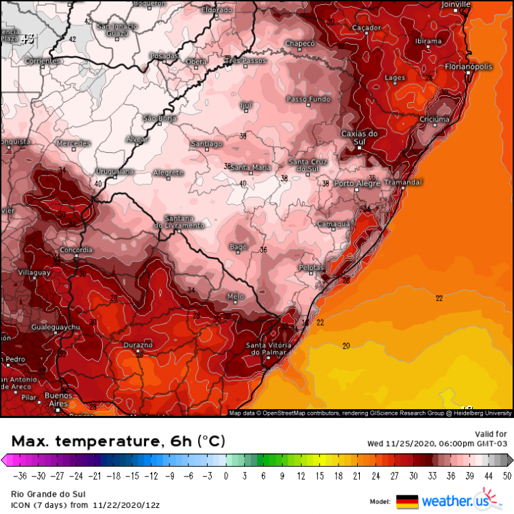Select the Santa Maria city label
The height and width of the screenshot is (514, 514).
250,167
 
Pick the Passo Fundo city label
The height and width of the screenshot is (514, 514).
308,99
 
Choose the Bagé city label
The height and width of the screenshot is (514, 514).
238,245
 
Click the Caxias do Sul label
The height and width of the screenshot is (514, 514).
359,137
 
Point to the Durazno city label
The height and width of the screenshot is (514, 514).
138,345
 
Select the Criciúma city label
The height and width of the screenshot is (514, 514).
435,119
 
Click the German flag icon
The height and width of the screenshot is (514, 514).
406,501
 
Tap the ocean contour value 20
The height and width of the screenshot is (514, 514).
346,345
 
